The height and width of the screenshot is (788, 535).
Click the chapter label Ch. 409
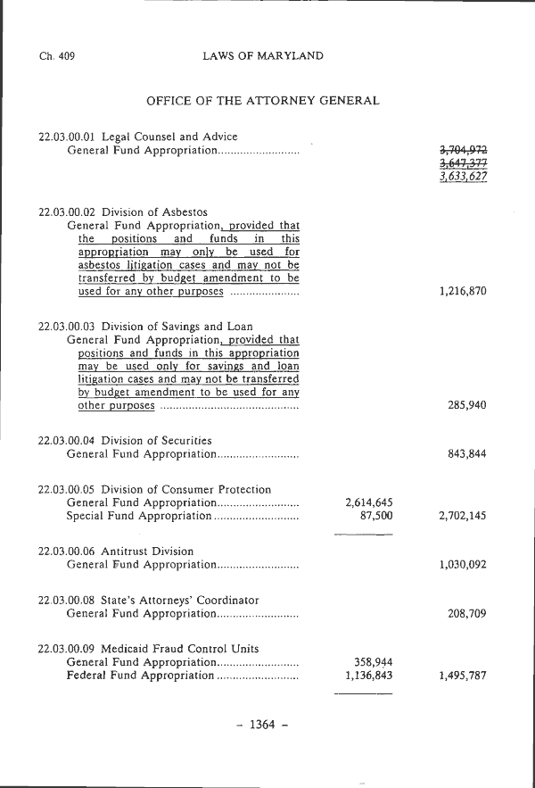pos(57,56)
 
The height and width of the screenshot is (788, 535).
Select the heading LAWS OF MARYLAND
pos(263,56)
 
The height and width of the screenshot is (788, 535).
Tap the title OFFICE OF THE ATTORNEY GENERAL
pos(263,101)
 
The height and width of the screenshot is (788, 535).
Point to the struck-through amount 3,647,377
pos(463,164)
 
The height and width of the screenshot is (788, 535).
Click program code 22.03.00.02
pos(68,212)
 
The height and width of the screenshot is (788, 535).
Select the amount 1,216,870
pos(463,292)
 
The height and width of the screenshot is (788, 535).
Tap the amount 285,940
pos(467,405)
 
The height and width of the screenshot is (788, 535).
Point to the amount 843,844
pos(467,454)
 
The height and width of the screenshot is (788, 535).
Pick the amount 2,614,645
pos(368,503)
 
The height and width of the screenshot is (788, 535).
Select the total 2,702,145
pos(463,516)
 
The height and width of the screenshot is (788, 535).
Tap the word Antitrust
pos(124,552)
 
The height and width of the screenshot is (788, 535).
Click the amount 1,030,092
pos(463,565)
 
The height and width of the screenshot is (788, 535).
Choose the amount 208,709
pos(467,614)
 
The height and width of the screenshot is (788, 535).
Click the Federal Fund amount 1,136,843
pos(368,676)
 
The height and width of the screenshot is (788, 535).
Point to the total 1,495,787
pos(463,676)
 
